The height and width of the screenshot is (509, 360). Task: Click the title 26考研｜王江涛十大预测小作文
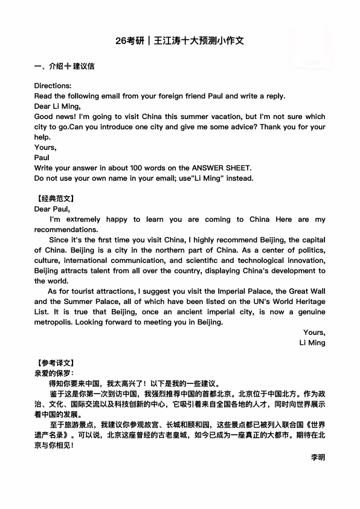pos(180,42)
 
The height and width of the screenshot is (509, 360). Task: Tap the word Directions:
pos(53,86)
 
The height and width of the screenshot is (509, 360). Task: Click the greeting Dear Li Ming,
pos(58,106)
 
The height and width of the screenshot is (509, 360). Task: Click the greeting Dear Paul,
pos(53,209)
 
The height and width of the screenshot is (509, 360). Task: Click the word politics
pos(309,250)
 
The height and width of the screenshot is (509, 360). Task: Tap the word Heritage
pos(309,302)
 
